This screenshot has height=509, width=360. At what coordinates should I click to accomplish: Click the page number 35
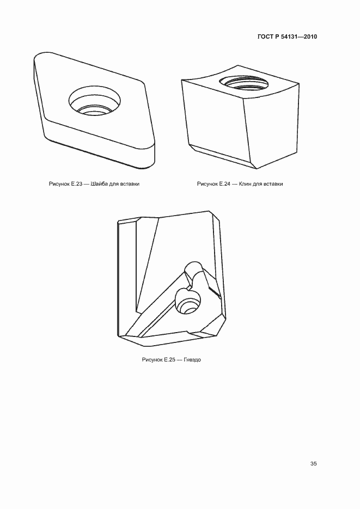313,464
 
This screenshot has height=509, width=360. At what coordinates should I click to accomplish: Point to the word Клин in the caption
245,184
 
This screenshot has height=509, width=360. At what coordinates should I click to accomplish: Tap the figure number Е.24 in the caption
225,184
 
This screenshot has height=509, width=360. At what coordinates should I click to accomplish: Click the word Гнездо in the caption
192,360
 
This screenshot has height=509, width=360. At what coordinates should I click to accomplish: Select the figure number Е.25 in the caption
170,360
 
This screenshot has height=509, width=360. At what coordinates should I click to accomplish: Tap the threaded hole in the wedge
244,82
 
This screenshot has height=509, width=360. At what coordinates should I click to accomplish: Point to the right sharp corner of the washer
144,82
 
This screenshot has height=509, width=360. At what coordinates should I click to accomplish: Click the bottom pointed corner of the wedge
257,169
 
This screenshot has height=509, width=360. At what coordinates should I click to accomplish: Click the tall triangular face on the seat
148,263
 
